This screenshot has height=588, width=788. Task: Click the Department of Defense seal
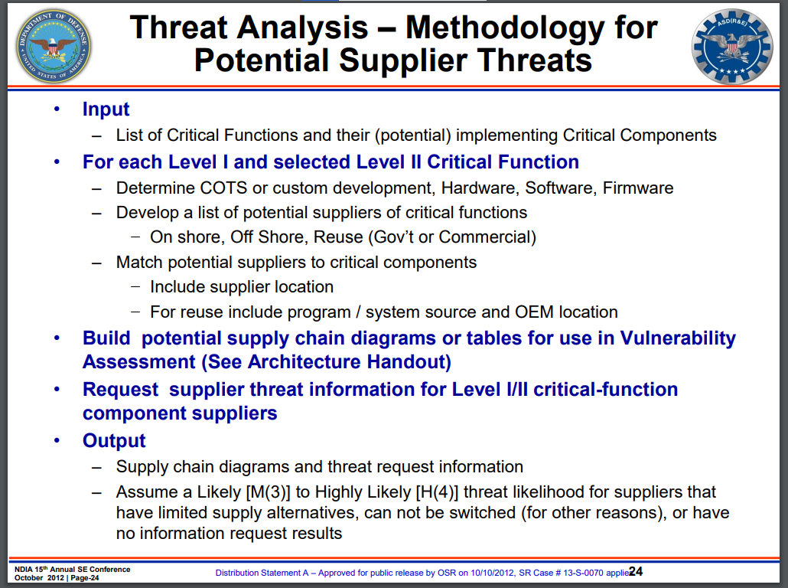(54, 46)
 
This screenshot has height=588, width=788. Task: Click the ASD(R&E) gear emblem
(732, 46)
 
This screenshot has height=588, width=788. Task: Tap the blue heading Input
(106, 109)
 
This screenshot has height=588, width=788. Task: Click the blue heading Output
(114, 440)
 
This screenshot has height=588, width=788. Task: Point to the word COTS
(223, 188)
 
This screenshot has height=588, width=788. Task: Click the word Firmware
(638, 188)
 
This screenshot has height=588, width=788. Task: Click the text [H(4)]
(437, 492)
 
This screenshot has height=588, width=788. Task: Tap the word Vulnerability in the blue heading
(678, 338)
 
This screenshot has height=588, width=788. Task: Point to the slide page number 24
(636, 571)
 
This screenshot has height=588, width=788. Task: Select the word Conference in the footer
(109, 570)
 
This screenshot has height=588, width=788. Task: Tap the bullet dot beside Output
(57, 441)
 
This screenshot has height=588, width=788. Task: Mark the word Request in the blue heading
(121, 390)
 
